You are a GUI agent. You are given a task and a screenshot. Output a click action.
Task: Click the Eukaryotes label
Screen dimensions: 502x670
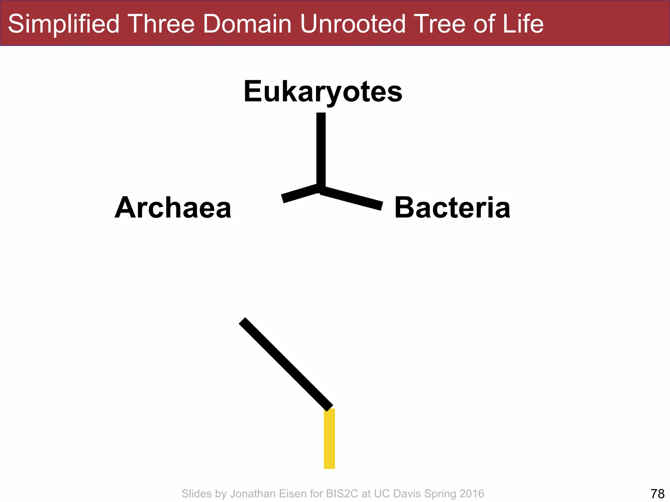[323, 92]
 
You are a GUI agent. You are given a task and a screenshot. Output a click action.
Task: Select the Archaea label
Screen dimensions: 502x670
[173, 208]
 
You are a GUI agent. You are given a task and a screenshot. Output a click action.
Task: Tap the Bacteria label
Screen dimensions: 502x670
[452, 208]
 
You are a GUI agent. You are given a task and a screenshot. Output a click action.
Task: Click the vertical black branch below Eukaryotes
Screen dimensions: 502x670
[321, 150]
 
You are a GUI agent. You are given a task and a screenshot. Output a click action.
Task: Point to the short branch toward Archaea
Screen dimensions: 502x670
[299, 193]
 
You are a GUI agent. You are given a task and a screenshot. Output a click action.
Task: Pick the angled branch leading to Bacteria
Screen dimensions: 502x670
[352, 198]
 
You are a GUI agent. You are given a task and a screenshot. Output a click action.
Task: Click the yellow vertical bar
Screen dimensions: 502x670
[329, 439]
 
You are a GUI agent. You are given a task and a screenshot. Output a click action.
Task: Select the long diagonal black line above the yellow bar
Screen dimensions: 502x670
[286, 364]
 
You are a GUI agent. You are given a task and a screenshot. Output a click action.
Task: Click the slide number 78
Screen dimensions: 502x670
[657, 494]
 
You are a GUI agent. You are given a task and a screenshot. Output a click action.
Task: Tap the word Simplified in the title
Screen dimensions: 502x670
[64, 24]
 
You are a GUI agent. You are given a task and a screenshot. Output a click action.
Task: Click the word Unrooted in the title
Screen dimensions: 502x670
[353, 24]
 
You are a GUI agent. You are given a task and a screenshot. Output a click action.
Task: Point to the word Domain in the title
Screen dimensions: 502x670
[247, 24]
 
